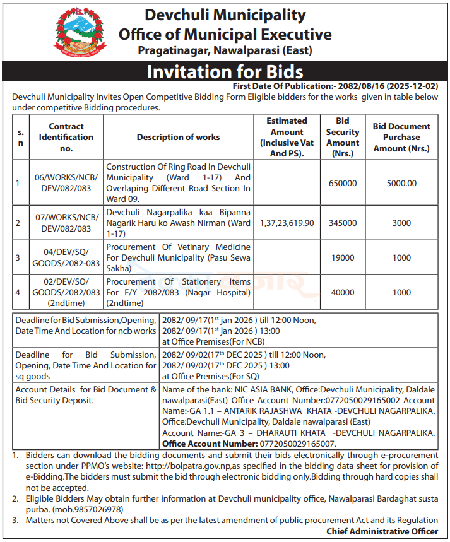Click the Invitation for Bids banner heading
225,71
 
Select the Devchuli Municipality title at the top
225,15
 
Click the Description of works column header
179,137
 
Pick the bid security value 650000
343,183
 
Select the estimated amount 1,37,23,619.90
287,223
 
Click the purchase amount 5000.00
401,183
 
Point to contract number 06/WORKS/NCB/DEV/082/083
66,183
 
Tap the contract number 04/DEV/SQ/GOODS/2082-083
66,257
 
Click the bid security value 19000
343,257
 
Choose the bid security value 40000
343,292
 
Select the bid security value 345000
343,223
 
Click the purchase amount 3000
401,223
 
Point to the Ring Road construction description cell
178,183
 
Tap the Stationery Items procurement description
178,292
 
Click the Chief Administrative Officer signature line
382,531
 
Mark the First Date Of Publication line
335,85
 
